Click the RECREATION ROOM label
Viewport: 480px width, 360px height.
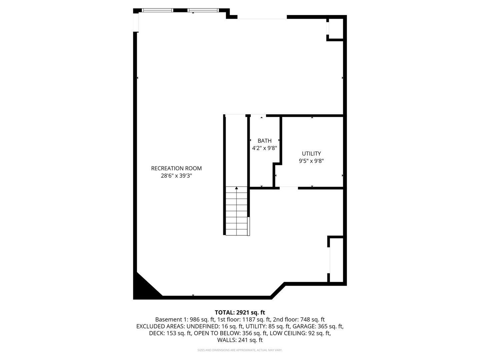point(176,168)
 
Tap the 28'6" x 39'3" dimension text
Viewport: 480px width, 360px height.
point(176,176)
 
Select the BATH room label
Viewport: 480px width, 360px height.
point(264,141)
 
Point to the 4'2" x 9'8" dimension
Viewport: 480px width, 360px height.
point(264,148)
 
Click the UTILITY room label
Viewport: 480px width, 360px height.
point(311,153)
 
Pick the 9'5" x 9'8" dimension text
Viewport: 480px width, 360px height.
point(311,161)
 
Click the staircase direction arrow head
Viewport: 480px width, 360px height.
point(236,188)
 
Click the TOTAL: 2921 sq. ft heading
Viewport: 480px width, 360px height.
point(240,312)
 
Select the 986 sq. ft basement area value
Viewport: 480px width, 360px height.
point(200,319)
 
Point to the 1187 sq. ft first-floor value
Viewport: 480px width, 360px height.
point(258,319)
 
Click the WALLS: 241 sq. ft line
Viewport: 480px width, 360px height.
point(240,340)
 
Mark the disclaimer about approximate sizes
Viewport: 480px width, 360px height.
point(240,350)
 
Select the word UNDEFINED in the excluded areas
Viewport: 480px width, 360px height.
point(202,326)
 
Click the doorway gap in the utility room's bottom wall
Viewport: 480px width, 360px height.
point(289,188)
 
